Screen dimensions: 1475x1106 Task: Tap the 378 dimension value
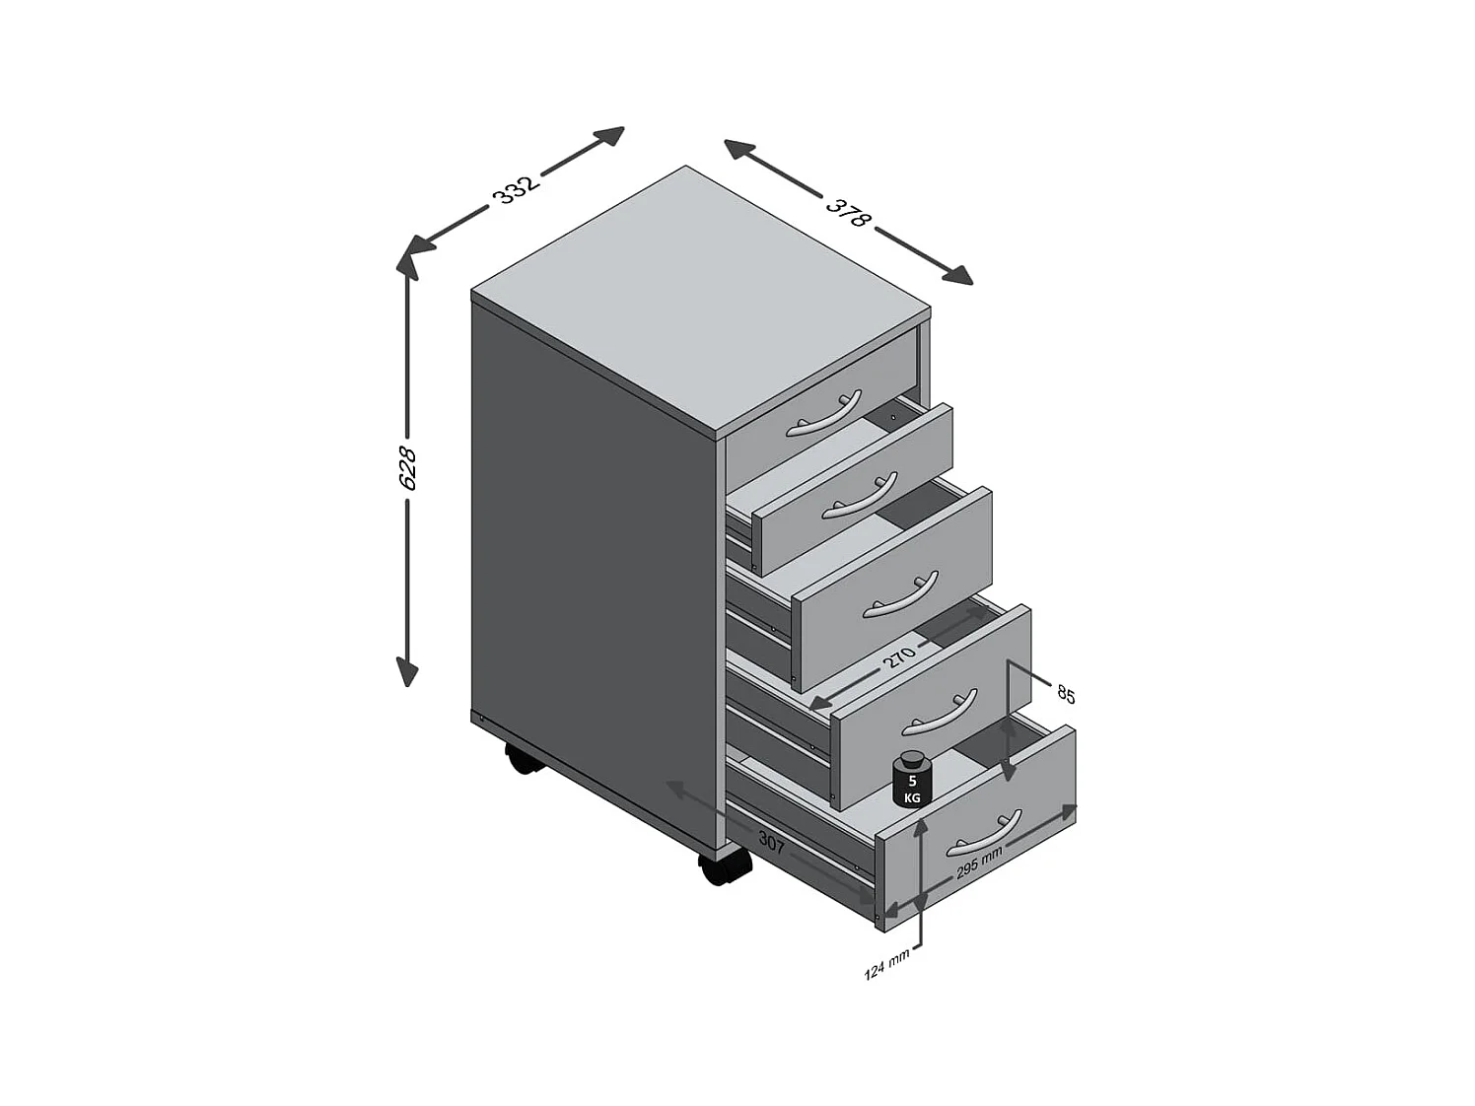pos(847,212)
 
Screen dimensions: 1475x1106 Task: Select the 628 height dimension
pos(406,468)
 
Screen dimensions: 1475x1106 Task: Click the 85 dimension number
pos(1066,694)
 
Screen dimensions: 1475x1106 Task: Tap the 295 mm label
pos(979,864)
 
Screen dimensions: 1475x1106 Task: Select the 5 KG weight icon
pos(912,779)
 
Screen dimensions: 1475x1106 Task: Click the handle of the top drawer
pos(825,414)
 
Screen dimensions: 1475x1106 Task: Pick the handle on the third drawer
pos(900,596)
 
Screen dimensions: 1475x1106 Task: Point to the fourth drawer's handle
pos(939,712)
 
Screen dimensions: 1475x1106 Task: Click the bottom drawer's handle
pos(983,834)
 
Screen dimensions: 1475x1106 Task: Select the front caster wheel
pos(725,867)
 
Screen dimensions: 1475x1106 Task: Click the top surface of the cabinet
pos(700,296)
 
